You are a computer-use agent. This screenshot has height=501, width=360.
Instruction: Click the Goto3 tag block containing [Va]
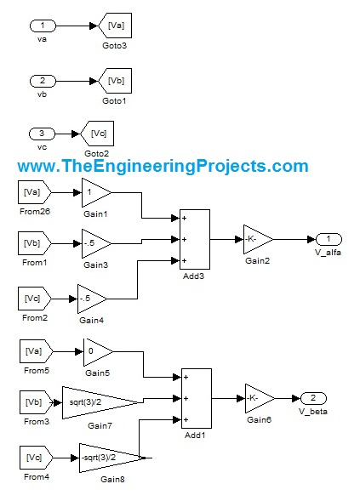pos(116,26)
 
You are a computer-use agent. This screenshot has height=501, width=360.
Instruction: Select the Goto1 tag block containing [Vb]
pos(116,81)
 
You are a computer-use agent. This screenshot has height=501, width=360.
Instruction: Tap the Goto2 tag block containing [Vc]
pos(98,134)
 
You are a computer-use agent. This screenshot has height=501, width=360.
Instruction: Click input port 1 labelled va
pos(43,26)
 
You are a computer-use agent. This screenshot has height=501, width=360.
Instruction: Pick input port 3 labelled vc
pos(42,134)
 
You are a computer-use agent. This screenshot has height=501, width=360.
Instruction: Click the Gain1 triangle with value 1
pos(96,193)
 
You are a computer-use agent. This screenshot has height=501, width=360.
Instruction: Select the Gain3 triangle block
pos(96,243)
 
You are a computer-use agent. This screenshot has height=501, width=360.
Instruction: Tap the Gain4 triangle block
pos(92,299)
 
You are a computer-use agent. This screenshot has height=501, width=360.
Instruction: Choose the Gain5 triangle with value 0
pos(98,352)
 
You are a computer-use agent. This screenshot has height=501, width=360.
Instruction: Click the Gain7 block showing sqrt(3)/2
pos(101,402)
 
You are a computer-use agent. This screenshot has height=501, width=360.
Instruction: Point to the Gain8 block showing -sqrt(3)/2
pos(111,458)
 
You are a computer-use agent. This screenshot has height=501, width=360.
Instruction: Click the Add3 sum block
pos(195,239)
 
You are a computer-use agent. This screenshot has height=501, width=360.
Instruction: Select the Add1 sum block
pos(197,398)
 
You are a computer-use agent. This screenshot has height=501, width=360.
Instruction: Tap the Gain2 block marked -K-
pos(258,239)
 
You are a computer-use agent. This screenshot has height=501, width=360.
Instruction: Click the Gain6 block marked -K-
pos(260,398)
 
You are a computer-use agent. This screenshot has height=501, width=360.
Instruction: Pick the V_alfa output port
pos(329,239)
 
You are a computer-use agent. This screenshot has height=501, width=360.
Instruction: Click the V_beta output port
pos(314,398)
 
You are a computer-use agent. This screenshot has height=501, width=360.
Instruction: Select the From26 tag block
pos(35,193)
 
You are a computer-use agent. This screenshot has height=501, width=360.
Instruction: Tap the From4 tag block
pos(36,458)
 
